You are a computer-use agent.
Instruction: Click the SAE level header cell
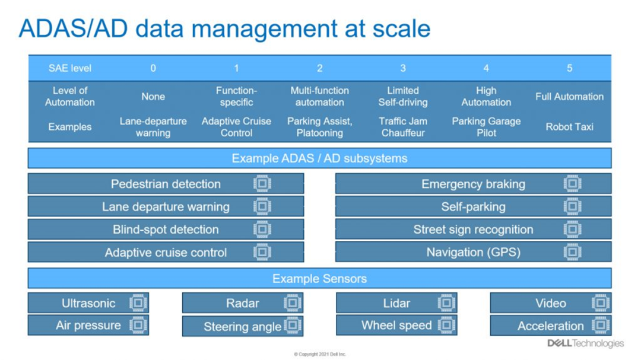point(70,68)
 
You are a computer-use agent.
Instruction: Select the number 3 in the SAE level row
point(403,68)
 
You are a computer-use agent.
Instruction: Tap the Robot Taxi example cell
point(569,127)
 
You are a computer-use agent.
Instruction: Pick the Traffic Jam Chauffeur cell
point(403,127)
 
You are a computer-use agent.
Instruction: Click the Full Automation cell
point(569,97)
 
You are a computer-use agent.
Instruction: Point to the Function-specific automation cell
point(236,97)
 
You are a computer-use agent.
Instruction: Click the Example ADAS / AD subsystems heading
point(320,158)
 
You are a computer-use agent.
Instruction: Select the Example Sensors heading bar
point(320,278)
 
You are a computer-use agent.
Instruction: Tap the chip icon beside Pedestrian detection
point(262,183)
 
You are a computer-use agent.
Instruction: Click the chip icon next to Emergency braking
point(572,183)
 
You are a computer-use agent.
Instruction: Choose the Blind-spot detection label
point(166,230)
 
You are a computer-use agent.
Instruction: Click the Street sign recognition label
point(473,230)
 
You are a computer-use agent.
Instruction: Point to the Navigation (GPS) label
point(474,252)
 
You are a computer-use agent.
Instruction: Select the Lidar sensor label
point(396,303)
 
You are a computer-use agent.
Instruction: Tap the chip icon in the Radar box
point(292,303)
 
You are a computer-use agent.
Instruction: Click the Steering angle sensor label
point(242,327)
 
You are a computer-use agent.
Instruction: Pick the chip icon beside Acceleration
point(601,325)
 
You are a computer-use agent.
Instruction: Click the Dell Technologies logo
point(585,343)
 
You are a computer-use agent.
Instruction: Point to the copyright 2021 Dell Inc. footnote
point(320,354)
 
